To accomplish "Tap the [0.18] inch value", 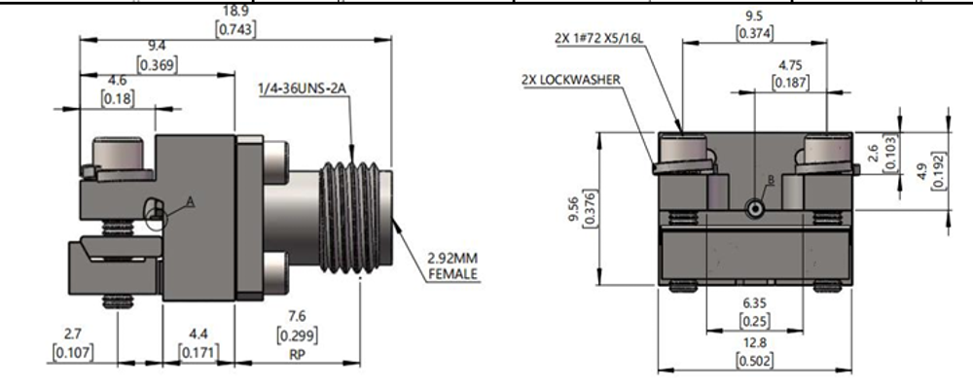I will (118, 98).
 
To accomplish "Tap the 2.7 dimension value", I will (72, 334).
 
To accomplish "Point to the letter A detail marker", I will (191, 200).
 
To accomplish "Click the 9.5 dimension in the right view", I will (754, 17).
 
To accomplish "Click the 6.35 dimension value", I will (755, 304).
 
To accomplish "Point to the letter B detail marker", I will (770, 180).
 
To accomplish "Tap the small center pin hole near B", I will (755, 209).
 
